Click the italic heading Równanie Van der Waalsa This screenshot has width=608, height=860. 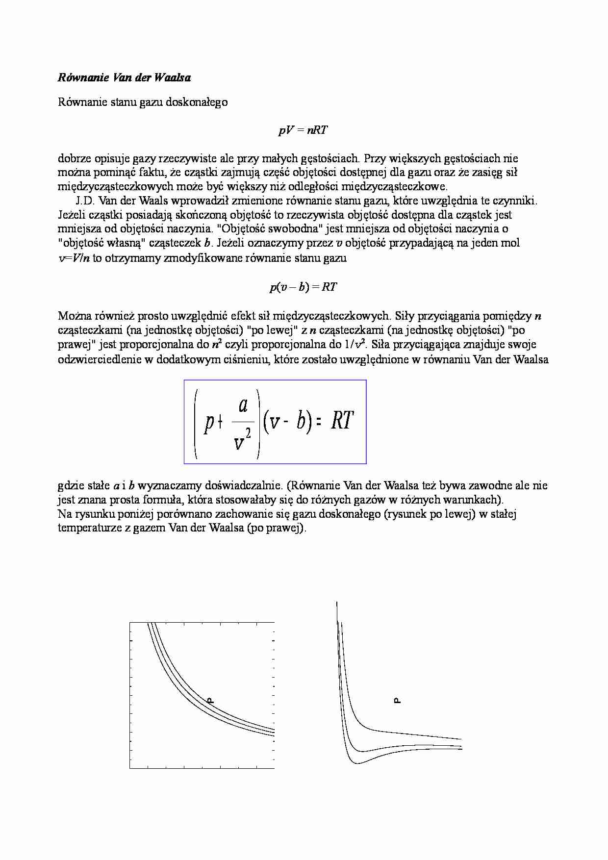tap(125, 77)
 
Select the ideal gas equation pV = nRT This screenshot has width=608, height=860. tap(303, 130)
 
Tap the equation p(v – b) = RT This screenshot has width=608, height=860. tap(303, 287)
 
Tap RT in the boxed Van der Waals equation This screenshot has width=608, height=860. tap(342, 421)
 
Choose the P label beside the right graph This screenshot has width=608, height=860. tap(398, 700)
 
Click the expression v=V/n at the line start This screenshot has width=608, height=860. tap(74, 258)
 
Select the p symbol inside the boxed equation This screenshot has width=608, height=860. tap(209, 422)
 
